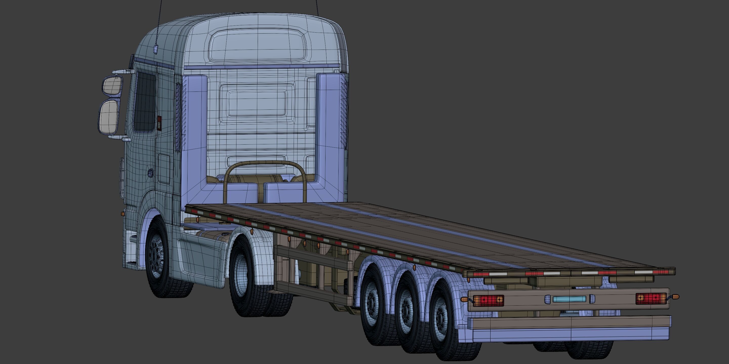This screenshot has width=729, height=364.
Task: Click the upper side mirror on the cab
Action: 113,86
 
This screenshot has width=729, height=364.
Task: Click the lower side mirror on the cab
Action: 109,117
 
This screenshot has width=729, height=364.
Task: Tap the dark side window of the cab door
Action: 145,102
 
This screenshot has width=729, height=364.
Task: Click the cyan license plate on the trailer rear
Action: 569,299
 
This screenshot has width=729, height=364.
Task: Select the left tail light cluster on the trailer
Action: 488,300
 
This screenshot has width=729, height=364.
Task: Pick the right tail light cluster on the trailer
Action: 651,298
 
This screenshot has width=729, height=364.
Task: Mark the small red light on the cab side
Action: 159,123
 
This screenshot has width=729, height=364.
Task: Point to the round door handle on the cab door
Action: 151,173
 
